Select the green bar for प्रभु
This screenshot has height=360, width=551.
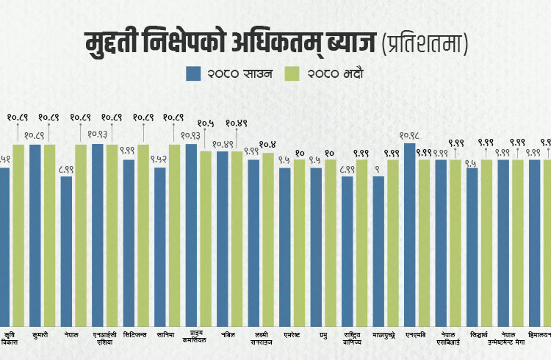(x=331, y=239)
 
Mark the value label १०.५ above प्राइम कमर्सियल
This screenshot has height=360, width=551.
(x=206, y=123)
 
